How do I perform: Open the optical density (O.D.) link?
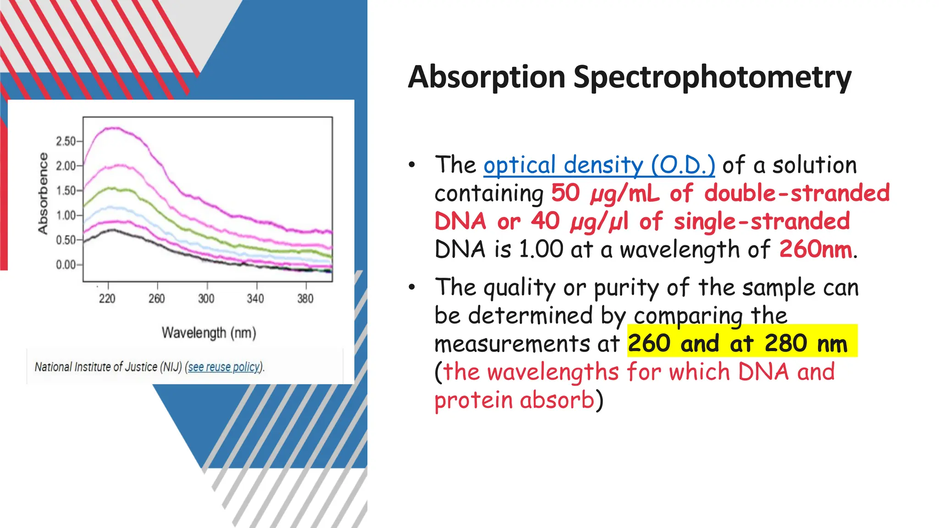(599, 165)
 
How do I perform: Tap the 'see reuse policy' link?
(224, 367)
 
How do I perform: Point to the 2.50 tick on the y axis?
(66, 141)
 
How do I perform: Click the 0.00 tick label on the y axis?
(66, 265)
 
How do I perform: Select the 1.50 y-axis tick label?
(66, 191)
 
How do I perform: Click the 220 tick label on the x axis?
(107, 299)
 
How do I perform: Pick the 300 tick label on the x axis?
(206, 299)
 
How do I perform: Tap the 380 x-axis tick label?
(305, 299)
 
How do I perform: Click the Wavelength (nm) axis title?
(209, 333)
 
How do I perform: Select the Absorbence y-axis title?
(43, 193)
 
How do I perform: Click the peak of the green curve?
(112, 188)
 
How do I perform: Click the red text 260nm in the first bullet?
(815, 249)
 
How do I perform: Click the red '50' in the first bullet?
(565, 193)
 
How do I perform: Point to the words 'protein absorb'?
(514, 400)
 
